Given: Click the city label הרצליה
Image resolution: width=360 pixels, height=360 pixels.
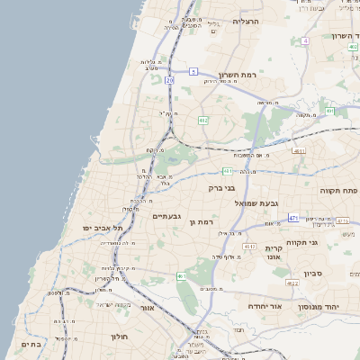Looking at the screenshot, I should pyautogui.click(x=245, y=21).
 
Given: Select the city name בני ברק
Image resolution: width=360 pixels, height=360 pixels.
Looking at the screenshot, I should pyautogui.click(x=235, y=189).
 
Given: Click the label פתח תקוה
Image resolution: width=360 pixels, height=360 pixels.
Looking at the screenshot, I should pyautogui.click(x=338, y=191).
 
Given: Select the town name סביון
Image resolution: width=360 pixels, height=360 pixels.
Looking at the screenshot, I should pyautogui.click(x=311, y=272).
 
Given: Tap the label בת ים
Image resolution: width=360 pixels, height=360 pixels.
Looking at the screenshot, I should pyautogui.click(x=31, y=344).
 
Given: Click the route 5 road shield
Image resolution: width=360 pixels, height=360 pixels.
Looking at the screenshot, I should pyautogui.click(x=193, y=71).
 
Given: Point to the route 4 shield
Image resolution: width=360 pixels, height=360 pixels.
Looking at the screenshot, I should pyautogui.click(x=305, y=40).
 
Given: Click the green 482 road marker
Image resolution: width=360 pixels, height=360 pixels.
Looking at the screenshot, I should pyautogui.click(x=203, y=120).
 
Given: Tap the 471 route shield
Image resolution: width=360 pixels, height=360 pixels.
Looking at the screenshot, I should pyautogui.click(x=294, y=218).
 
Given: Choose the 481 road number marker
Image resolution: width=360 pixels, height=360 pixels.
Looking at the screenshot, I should pyautogui.click(x=299, y=151).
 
